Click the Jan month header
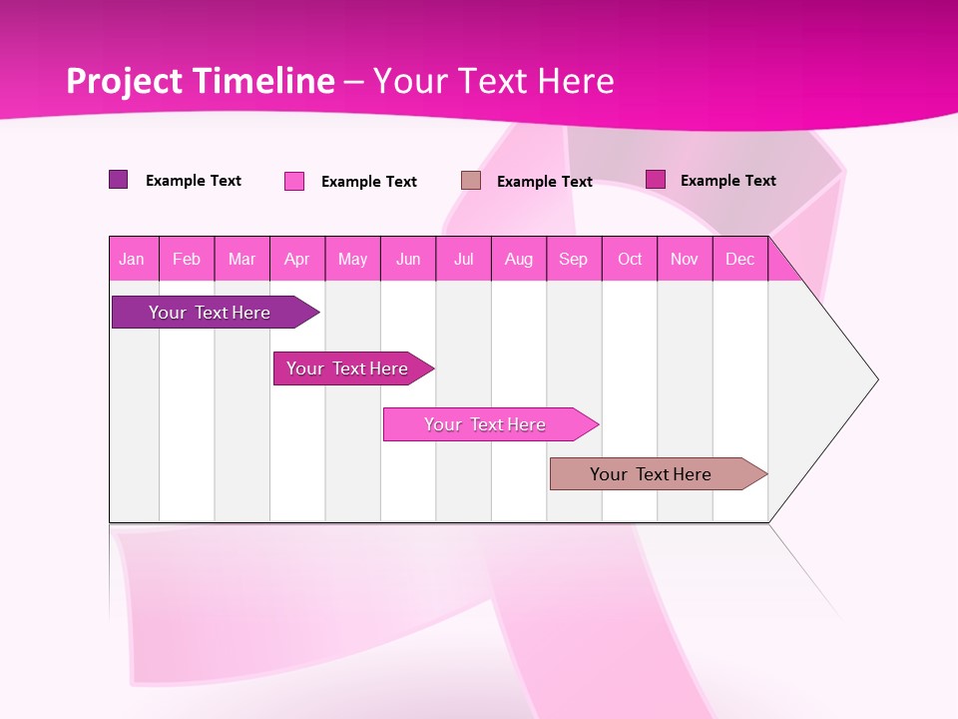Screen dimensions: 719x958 pyautogui.click(x=133, y=259)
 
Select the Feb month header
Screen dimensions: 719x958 pyautogui.click(x=187, y=259)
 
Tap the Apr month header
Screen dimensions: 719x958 pyautogui.click(x=297, y=259)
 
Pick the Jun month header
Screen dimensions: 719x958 pyautogui.click(x=408, y=259)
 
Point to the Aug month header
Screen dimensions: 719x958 pyautogui.click(x=519, y=259)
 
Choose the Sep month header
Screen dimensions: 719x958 pyautogui.click(x=574, y=259)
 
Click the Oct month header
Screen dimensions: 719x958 pyautogui.click(x=630, y=259)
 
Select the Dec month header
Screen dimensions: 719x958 pyautogui.click(x=740, y=259)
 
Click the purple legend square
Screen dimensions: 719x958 pyautogui.click(x=119, y=180)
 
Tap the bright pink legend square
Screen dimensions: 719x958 pyautogui.click(x=294, y=181)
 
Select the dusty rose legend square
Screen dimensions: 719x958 pyautogui.click(x=471, y=180)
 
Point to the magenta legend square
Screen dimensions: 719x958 pyautogui.click(x=656, y=179)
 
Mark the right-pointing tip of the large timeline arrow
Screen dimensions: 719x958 pyautogui.click(x=875, y=379)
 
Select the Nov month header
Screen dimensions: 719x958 pyautogui.click(x=685, y=259)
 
